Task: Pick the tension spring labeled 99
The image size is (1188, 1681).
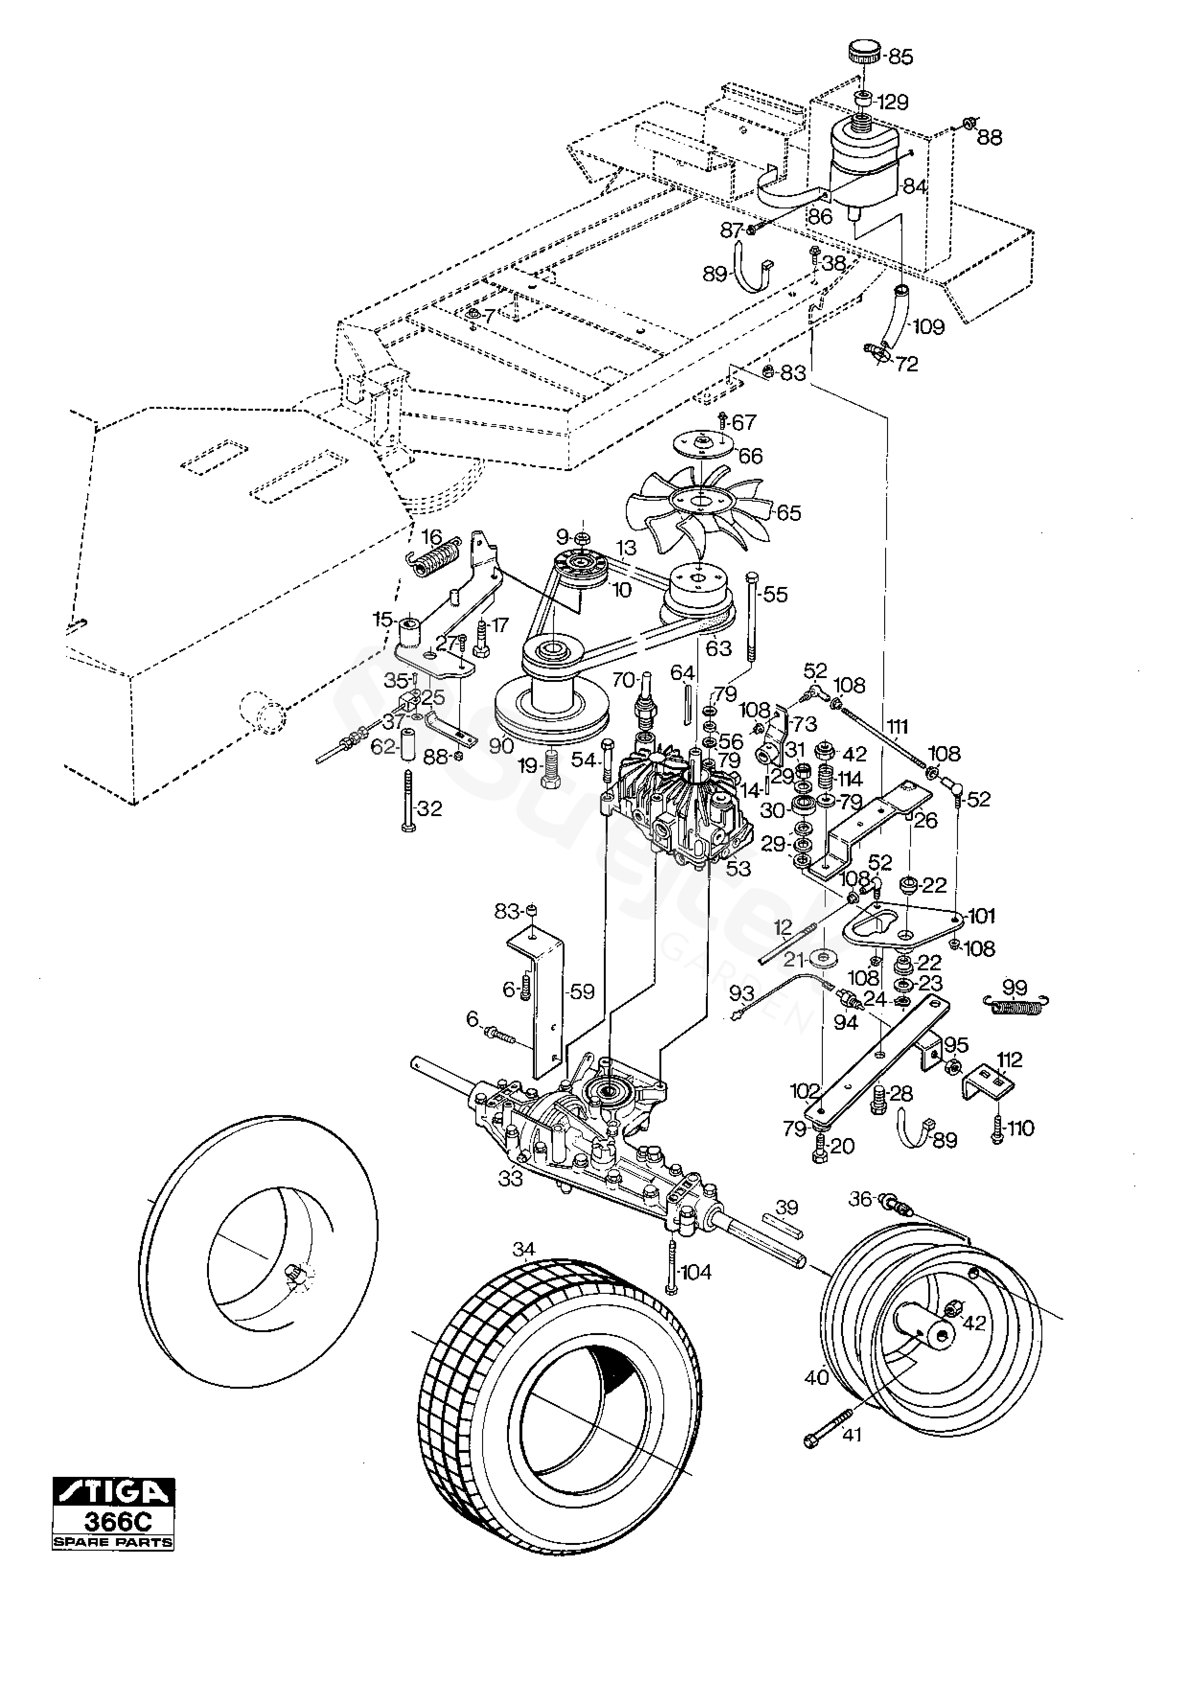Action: pyautogui.click(x=1017, y=1007)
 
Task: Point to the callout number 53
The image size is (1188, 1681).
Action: pyautogui.click(x=738, y=869)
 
